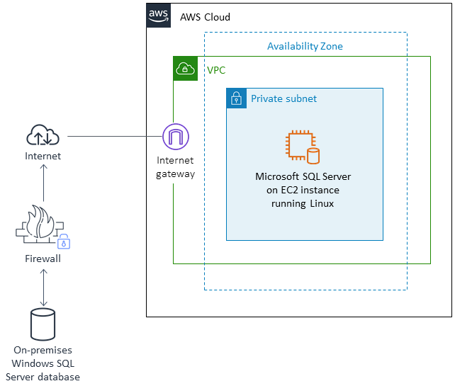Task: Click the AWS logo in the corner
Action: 159,16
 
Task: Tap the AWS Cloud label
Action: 205,17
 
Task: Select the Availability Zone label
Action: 305,46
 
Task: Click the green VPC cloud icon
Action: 185,69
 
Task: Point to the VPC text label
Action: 216,70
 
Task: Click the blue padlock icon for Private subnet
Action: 236,98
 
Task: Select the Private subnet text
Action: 283,98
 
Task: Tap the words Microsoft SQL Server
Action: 303,176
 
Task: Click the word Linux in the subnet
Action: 321,203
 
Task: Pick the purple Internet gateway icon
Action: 175,136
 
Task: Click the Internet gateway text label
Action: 175,167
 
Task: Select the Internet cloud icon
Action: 43,135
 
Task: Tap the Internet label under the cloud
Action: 43,156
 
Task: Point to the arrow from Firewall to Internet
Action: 44,183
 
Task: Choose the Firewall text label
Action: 43,259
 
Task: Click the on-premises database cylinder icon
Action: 43,324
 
